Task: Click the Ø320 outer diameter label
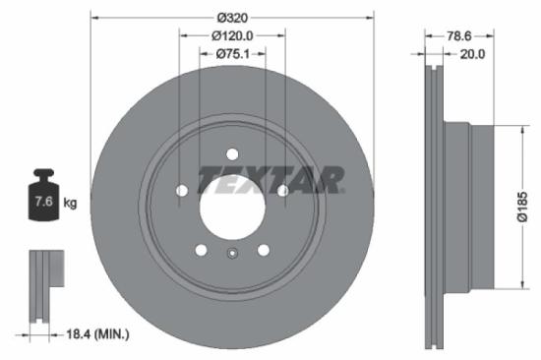coord(233,16)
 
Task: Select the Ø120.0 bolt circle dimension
coord(233,35)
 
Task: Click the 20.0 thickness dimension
coord(473,55)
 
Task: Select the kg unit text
coord(70,204)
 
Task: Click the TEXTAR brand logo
coord(270,180)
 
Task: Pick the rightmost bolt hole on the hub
coord(283,191)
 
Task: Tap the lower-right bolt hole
coord(265,250)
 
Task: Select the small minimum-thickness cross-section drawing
coord(40,285)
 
